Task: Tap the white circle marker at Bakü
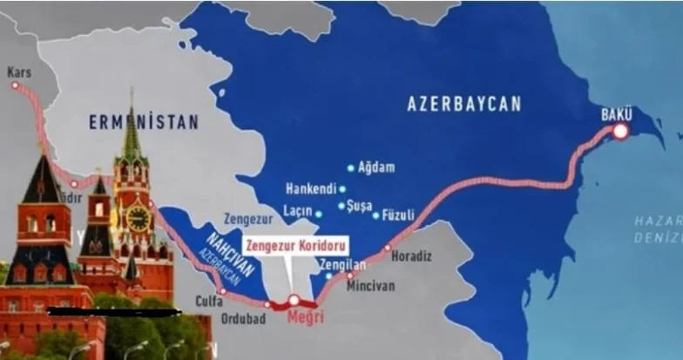(x=620, y=132)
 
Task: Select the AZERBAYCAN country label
(x=464, y=104)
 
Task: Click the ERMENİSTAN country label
(x=144, y=123)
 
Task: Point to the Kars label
(x=19, y=73)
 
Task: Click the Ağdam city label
(x=375, y=167)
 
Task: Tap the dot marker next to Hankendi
(x=342, y=188)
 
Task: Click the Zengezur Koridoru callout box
(x=296, y=247)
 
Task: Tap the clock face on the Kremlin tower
(x=139, y=217)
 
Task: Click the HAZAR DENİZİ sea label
(x=661, y=230)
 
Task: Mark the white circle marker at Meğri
(x=294, y=300)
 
